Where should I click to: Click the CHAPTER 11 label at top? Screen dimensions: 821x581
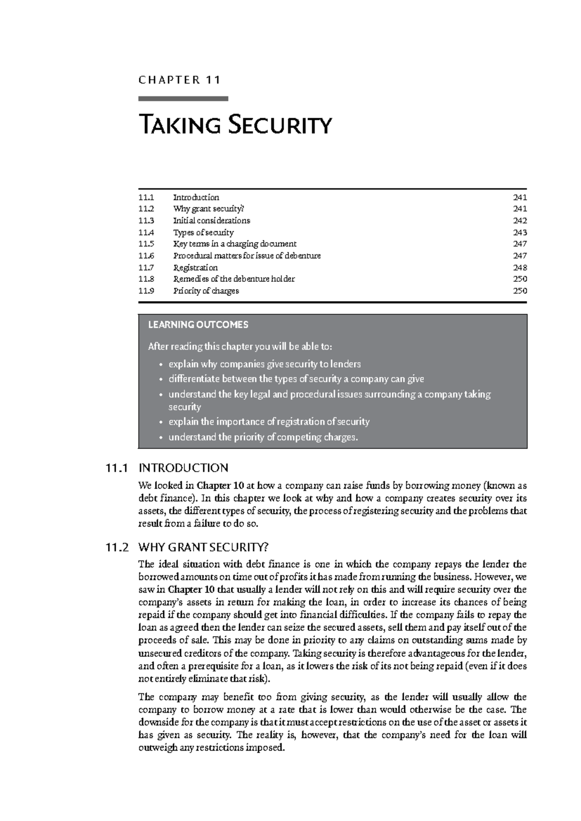tap(180, 80)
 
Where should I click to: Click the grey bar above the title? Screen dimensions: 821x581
tap(183, 99)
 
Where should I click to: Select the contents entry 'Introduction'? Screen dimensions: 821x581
tap(196, 198)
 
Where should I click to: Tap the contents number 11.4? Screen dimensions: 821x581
tap(146, 232)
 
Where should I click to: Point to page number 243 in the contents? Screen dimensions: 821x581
tap(520, 232)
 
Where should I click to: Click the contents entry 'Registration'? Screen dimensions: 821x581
tap(196, 268)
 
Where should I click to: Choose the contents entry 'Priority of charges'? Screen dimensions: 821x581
tap(206, 291)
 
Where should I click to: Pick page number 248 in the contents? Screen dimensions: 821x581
tap(520, 268)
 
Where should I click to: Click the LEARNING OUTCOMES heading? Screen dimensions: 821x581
tap(198, 325)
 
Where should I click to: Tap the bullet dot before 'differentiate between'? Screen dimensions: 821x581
tap(160, 380)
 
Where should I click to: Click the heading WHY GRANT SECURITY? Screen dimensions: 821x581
tap(203, 548)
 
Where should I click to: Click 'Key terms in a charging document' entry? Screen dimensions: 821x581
tap(235, 244)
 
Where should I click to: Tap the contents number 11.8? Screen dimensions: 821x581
tap(146, 279)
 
